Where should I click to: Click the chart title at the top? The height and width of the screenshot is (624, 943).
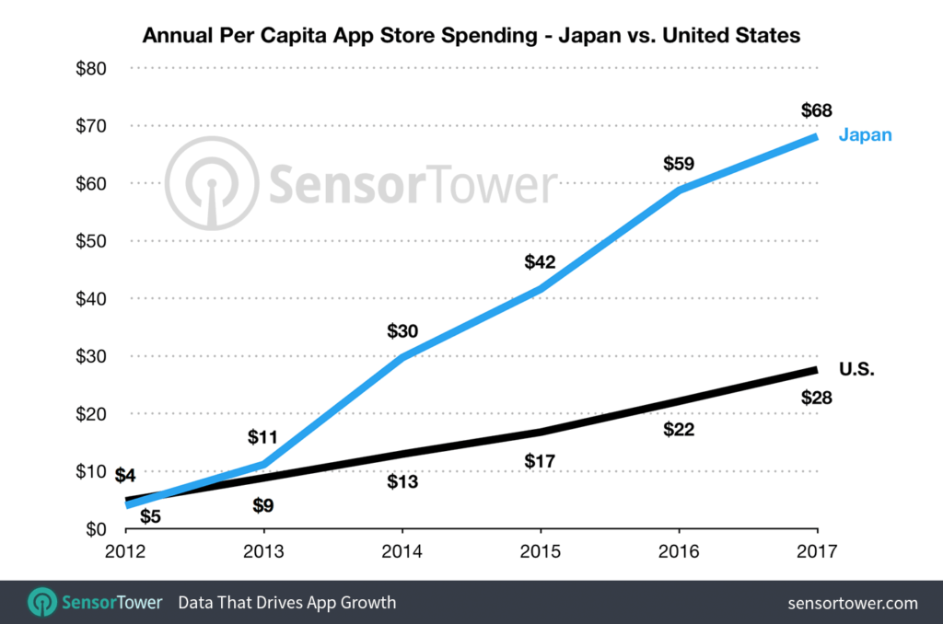(471, 36)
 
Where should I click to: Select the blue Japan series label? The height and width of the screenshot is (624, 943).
(865, 135)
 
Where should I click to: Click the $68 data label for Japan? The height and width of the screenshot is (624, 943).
(816, 111)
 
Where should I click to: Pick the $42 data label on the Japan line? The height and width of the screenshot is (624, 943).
(540, 262)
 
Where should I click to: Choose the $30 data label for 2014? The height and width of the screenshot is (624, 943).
(402, 330)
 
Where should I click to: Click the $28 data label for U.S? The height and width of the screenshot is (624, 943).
(816, 398)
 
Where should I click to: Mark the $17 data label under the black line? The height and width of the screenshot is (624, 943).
(540, 459)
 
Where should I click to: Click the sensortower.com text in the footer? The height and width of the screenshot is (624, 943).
(853, 603)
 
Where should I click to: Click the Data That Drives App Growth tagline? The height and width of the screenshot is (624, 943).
(287, 603)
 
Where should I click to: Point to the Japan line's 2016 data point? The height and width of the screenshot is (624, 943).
(678, 190)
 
